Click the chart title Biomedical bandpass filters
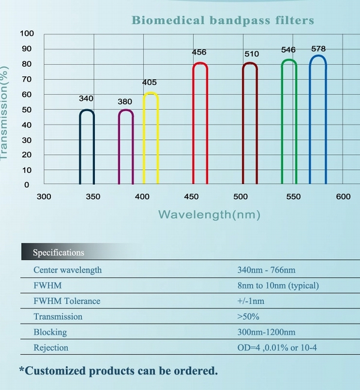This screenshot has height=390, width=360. pyautogui.click(x=223, y=20)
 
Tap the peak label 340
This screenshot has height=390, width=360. pyautogui.click(x=86, y=98)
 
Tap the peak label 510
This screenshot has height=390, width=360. pyautogui.click(x=251, y=54)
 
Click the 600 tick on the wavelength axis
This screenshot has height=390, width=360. pyautogui.click(x=343, y=197)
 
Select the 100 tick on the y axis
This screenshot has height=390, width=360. pyautogui.click(x=28, y=33)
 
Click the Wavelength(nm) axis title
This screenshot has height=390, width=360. pyautogui.click(x=209, y=214)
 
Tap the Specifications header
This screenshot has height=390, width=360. pyautogui.click(x=59, y=253)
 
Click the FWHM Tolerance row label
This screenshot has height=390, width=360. pyautogui.click(x=67, y=301)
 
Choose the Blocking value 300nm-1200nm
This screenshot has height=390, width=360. pyautogui.click(x=266, y=332)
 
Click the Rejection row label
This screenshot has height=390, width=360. pyautogui.click(x=51, y=348)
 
